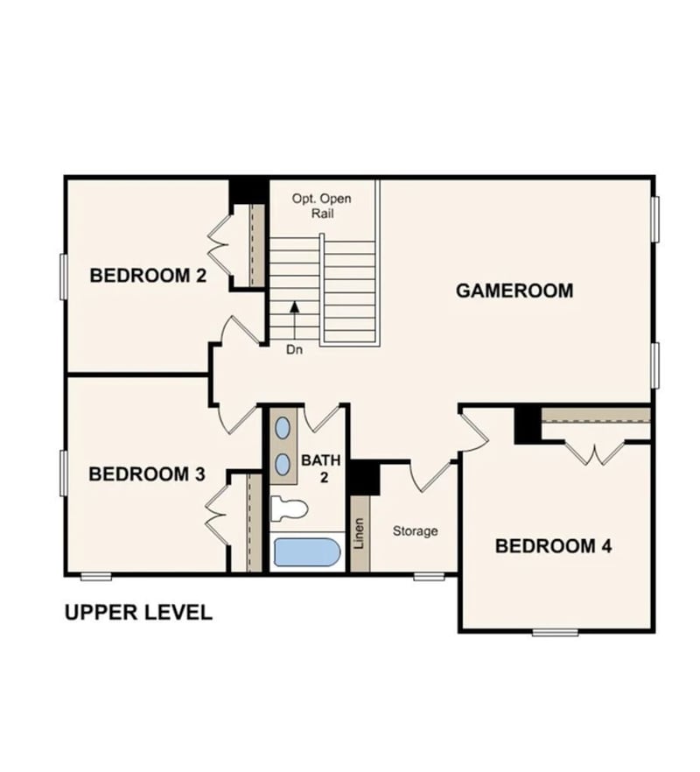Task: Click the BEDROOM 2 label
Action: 148,276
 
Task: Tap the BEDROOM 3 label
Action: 147,474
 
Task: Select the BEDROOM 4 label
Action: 553,546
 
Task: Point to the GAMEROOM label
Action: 514,291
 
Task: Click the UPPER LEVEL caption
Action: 138,613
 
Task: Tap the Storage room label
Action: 415,530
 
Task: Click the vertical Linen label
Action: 359,533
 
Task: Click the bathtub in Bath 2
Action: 306,552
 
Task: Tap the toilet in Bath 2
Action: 290,508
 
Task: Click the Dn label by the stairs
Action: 294,350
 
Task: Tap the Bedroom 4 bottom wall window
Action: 556,632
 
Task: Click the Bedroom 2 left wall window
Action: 63,276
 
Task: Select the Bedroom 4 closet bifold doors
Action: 595,453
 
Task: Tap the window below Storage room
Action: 429,576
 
